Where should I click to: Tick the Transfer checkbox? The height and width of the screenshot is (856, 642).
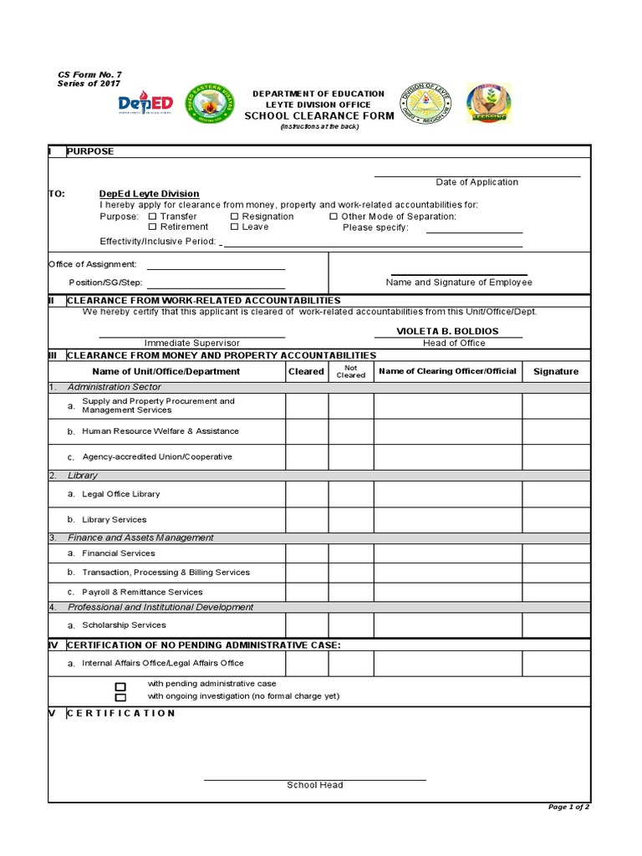(152, 217)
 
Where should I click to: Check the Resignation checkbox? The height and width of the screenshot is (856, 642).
(235, 217)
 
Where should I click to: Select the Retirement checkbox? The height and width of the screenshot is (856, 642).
(152, 227)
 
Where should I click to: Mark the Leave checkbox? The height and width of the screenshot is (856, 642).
(235, 227)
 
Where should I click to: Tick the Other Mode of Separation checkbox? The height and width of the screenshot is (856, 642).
(334, 217)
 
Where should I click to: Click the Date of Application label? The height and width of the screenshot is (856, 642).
(476, 182)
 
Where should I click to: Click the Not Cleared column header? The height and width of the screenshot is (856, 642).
(350, 371)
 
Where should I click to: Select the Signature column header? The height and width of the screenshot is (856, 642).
(556, 371)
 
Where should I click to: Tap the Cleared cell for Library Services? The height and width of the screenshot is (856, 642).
(307, 520)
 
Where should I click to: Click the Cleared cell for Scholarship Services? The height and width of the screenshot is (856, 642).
(307, 625)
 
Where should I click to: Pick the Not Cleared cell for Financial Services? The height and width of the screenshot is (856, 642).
(350, 553)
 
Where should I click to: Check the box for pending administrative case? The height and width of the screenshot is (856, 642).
(120, 685)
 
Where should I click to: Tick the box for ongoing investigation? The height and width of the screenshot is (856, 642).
(120, 696)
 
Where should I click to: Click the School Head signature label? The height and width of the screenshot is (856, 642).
(315, 785)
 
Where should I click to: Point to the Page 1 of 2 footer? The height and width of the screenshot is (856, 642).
(568, 807)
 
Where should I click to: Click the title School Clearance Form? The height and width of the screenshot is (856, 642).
(318, 116)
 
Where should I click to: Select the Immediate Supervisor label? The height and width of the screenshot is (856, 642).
(192, 343)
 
